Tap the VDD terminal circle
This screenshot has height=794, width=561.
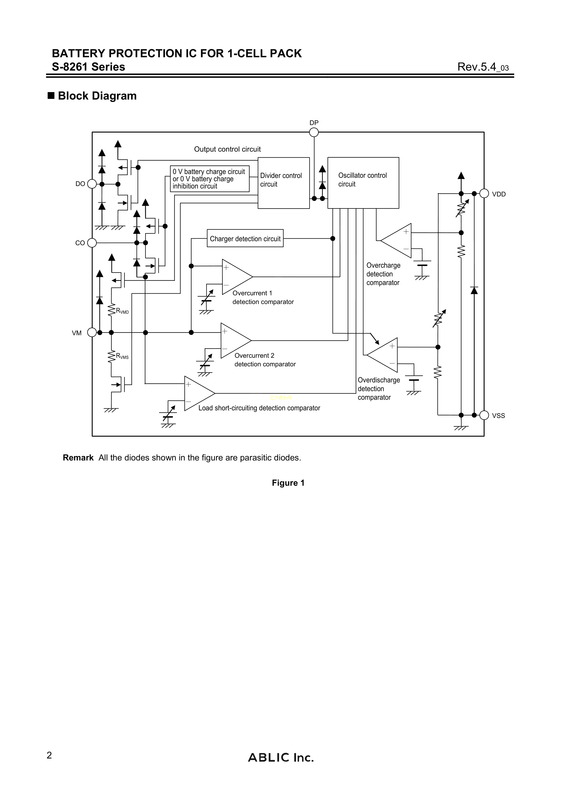point(484,194)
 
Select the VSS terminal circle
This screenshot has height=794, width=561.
point(484,415)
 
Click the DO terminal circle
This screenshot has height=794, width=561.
point(92,184)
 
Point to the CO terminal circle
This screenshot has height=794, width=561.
point(92,243)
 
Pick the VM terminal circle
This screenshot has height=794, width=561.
point(92,332)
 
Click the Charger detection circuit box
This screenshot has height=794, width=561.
point(245,238)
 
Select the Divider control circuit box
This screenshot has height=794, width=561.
point(283,183)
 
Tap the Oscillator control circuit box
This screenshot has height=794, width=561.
point(363,183)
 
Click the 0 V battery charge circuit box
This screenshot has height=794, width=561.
point(209,179)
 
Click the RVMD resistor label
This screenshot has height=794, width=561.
point(122,311)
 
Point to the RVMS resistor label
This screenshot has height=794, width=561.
point(122,356)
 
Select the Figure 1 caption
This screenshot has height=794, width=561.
point(288,483)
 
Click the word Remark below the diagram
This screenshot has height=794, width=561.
point(78,458)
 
